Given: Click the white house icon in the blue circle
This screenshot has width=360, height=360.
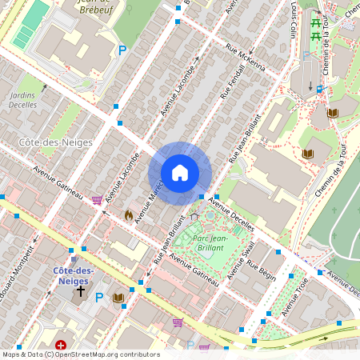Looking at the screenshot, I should pyautogui.click(x=180, y=173).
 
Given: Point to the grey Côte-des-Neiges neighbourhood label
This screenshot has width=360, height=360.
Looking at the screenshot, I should pyautogui.click(x=54, y=142).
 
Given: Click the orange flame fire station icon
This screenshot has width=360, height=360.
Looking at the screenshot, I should pyautogui.click(x=129, y=215).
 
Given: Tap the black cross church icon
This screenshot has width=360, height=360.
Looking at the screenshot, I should pyautogui.click(x=79, y=291).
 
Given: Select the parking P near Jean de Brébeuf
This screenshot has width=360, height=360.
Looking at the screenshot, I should pyautogui.click(x=122, y=50).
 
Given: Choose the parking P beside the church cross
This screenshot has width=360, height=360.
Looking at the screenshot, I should pyautogui.click(x=99, y=298).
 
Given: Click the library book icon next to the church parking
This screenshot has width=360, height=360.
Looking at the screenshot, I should pyautogui.click(x=119, y=298).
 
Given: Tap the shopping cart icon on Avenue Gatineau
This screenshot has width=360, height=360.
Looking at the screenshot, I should pyautogui.click(x=97, y=200).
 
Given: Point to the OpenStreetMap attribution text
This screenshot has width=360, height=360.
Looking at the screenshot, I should pyautogui.click(x=80, y=354).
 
